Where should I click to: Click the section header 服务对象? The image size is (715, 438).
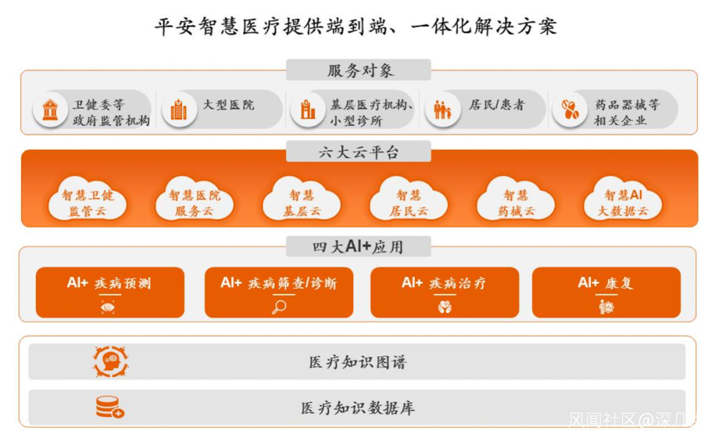point(358,70)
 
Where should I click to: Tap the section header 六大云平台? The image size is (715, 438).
point(358,152)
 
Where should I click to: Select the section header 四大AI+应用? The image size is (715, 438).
point(358,247)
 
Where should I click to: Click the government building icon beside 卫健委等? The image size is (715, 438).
point(50,110)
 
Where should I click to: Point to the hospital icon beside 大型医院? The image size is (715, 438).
point(179,110)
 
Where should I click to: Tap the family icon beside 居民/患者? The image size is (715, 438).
point(442,110)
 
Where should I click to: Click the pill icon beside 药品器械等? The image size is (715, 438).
point(569,110)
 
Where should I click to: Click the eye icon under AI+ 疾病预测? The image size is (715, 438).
point(108,306)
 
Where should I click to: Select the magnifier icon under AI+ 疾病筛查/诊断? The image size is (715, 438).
point(279,307)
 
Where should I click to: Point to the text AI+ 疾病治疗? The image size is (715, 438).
point(444,283)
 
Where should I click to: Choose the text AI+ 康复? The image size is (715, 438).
point(606,283)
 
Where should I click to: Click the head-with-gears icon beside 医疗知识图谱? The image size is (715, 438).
point(110,362)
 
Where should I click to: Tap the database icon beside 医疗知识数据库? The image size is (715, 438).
point(110,408)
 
